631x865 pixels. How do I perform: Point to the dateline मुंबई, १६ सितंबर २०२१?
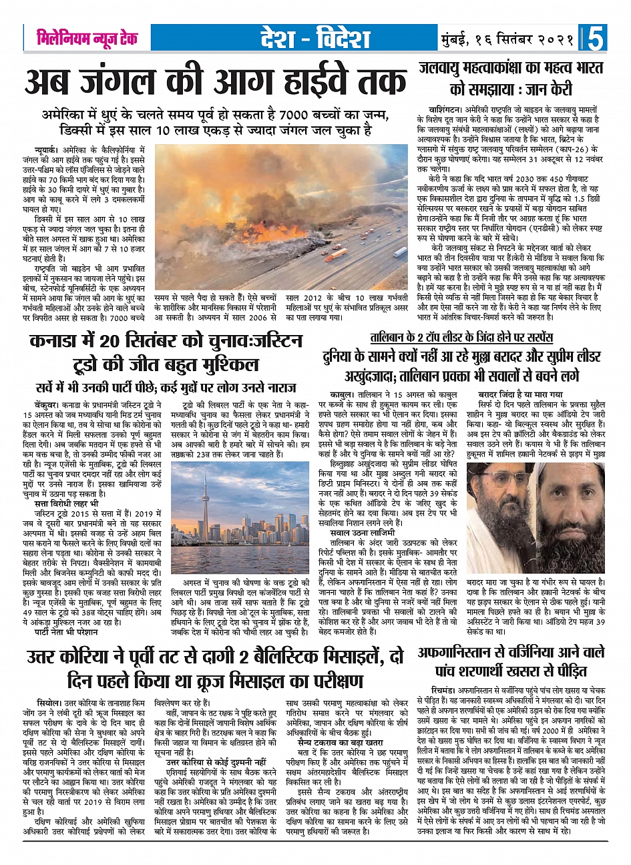tap(508, 39)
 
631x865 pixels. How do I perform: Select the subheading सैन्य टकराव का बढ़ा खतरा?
tap(340, 742)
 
